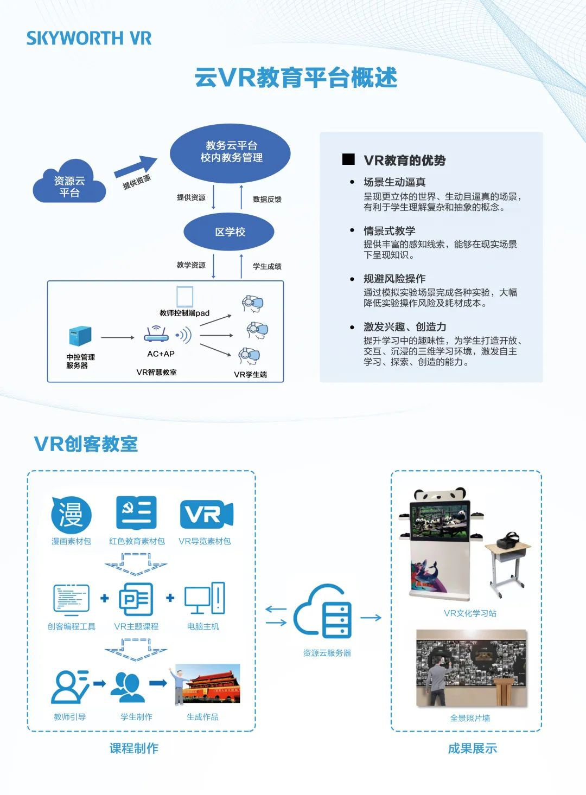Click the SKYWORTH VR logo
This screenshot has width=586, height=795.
click(x=88, y=38)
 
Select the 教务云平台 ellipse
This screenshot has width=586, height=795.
click(x=231, y=152)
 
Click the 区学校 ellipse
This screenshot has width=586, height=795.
click(x=230, y=232)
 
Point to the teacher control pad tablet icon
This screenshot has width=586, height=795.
click(x=184, y=297)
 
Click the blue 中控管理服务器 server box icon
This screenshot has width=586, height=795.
click(x=80, y=336)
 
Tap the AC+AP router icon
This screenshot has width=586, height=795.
click(x=157, y=334)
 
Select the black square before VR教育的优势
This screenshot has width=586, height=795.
click(x=348, y=159)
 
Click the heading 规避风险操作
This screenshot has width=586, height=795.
click(x=394, y=279)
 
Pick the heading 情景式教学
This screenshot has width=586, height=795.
click(x=389, y=231)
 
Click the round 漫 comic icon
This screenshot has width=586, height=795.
click(x=71, y=514)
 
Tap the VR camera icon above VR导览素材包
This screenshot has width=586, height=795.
click(x=206, y=514)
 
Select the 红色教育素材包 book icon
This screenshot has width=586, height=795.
click(x=136, y=512)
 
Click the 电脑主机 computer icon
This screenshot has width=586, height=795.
click(x=204, y=599)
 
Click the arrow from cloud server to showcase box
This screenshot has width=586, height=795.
click(x=371, y=617)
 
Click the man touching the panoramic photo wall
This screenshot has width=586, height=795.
click(x=436, y=679)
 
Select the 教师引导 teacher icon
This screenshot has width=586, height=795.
click(x=69, y=687)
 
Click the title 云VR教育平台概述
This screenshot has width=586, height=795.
click(x=296, y=78)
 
